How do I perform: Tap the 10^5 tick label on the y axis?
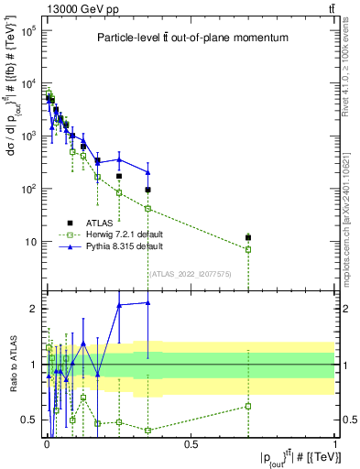point(27,30)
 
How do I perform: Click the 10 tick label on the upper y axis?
point(29,242)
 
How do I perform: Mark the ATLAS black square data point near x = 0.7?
point(247,238)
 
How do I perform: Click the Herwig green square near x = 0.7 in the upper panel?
point(247,249)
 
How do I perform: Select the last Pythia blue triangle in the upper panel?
point(147,172)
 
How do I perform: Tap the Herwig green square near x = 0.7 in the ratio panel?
point(247,406)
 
